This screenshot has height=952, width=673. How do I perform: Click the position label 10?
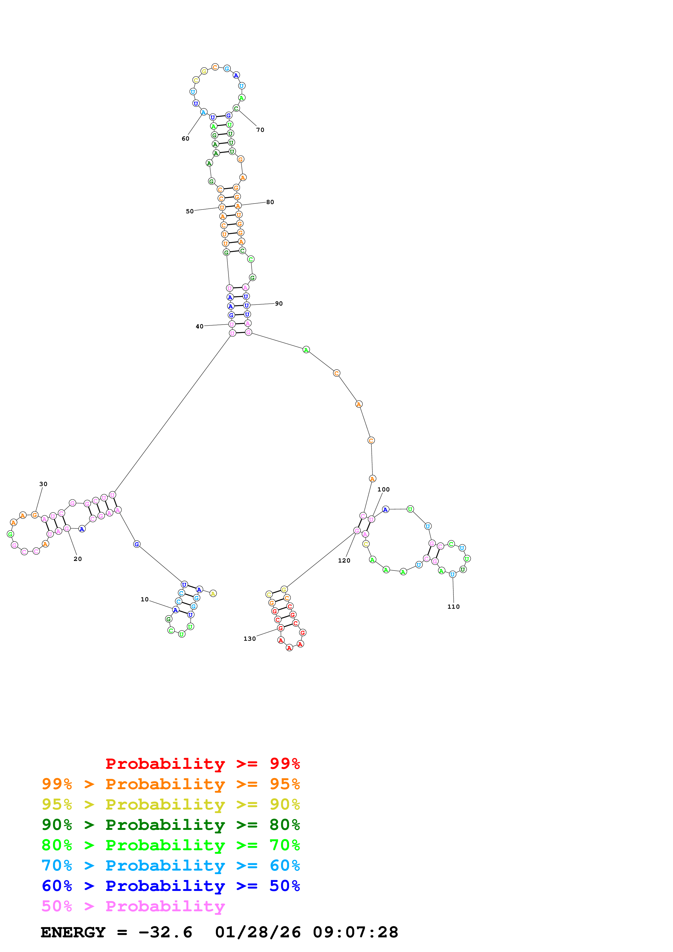pos(144,599)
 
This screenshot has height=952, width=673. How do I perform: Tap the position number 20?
pos(78,559)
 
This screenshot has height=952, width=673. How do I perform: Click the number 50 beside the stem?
pos(189,211)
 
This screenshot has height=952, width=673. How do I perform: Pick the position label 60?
pos(185,138)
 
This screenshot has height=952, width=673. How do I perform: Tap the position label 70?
pos(260,130)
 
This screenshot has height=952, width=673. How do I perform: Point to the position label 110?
pos(453,607)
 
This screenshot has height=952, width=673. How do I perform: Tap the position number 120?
pos(344,561)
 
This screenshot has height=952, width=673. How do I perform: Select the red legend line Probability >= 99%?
pos(202,763)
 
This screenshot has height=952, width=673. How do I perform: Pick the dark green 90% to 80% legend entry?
pos(170,825)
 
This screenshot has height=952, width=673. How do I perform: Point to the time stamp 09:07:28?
pos(355,932)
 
